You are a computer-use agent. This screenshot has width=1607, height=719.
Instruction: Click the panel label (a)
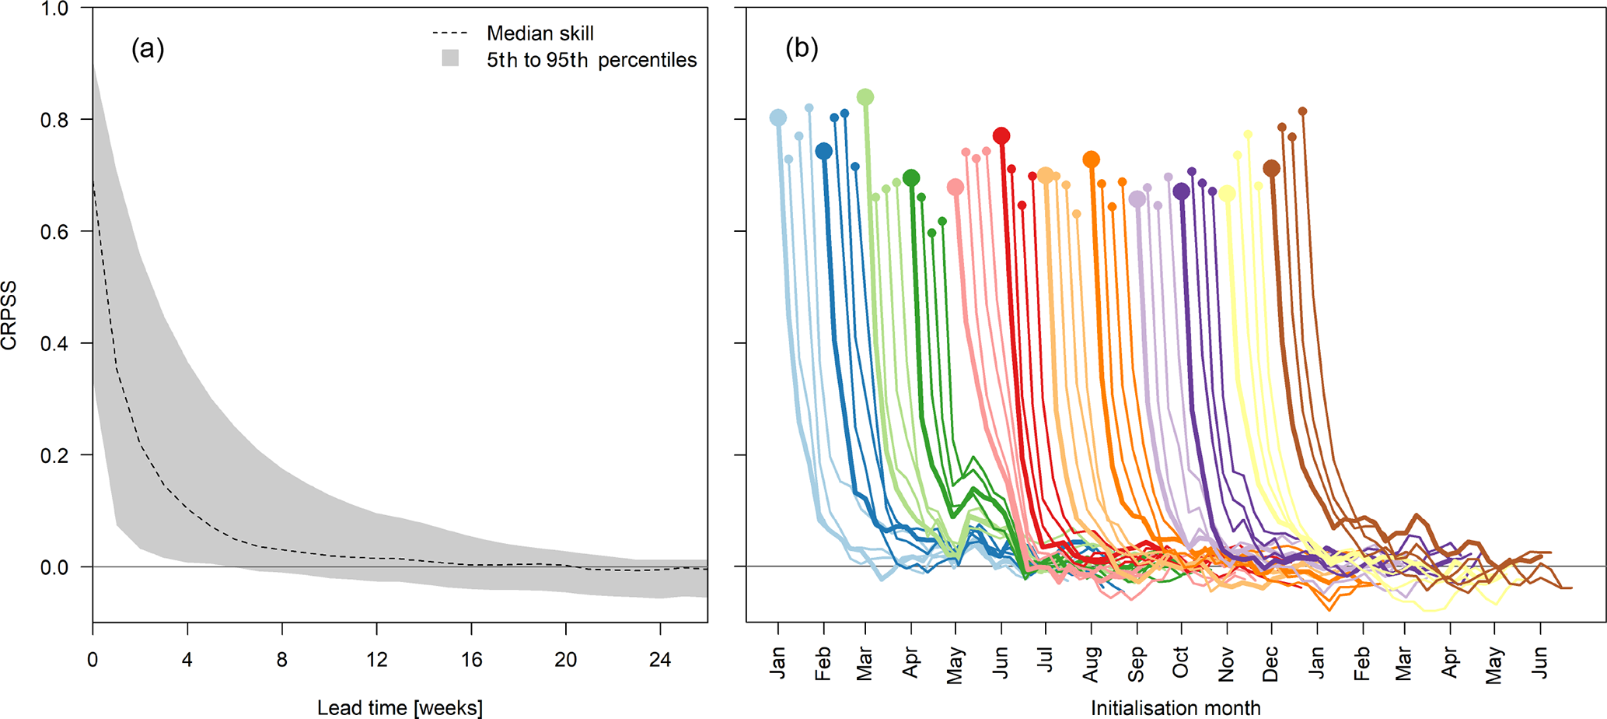click(x=148, y=49)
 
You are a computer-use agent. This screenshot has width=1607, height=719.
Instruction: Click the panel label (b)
click(x=802, y=49)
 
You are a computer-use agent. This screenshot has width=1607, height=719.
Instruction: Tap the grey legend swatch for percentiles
click(x=450, y=58)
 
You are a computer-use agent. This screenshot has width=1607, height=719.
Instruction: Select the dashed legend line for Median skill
click(x=449, y=33)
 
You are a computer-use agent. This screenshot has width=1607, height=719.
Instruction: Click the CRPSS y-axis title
click(x=10, y=315)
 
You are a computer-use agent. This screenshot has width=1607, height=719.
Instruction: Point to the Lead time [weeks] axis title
click(x=400, y=707)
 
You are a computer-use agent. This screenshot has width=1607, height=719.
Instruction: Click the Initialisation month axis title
click(x=1176, y=707)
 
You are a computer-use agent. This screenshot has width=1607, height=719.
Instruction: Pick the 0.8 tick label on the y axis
click(x=54, y=120)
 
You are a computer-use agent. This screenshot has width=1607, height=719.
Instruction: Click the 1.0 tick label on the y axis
click(x=54, y=9)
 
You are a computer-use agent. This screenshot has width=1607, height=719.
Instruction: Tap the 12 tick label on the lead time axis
click(x=376, y=660)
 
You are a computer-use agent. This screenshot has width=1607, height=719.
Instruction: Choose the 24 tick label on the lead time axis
click(x=660, y=660)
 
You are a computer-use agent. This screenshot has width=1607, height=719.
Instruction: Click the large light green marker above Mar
click(x=865, y=97)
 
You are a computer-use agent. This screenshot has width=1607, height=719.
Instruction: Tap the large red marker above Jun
click(x=1001, y=136)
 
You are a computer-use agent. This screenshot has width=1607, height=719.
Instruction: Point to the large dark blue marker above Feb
click(x=824, y=151)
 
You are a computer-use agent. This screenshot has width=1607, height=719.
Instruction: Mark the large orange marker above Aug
click(x=1092, y=160)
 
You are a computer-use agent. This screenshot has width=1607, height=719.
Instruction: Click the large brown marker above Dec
click(x=1272, y=168)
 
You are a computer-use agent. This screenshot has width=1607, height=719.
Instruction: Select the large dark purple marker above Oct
click(x=1182, y=191)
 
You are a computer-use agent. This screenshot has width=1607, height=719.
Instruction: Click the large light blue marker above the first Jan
click(x=778, y=118)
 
